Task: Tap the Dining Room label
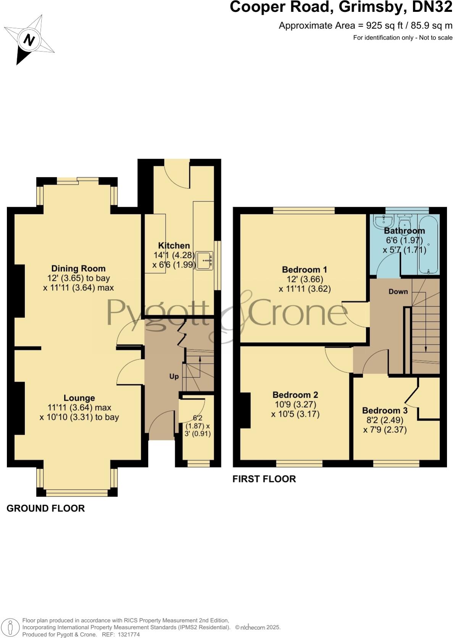[x=78, y=269]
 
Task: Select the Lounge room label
[x=79, y=398]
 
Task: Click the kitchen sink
[x=205, y=261]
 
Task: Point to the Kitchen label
[x=174, y=246]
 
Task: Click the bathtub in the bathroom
[x=429, y=244]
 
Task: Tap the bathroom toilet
[x=403, y=221]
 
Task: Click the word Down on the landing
[x=398, y=292]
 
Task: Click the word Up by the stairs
[x=174, y=377]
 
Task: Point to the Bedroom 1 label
[x=304, y=269]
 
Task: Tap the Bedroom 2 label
[x=295, y=395]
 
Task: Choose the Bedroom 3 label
[x=384, y=411]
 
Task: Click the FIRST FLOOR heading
[x=264, y=479]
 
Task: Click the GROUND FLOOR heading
[x=45, y=508]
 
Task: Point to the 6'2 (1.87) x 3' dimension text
[x=198, y=425]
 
